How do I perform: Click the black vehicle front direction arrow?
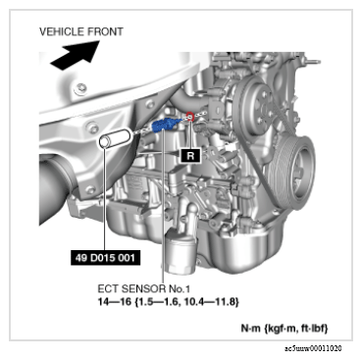click(76, 55)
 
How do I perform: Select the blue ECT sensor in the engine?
click(166, 125)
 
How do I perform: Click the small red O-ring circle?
click(189, 116)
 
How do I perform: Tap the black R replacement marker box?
click(190, 156)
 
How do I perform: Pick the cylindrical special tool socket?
click(115, 139)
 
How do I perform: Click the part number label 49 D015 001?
click(105, 258)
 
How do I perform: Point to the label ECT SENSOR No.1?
click(144, 288)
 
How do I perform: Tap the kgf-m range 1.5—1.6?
click(159, 301)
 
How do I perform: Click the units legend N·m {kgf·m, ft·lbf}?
click(284, 328)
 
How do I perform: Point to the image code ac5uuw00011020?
click(313, 348)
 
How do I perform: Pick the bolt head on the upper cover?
click(80, 88)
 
